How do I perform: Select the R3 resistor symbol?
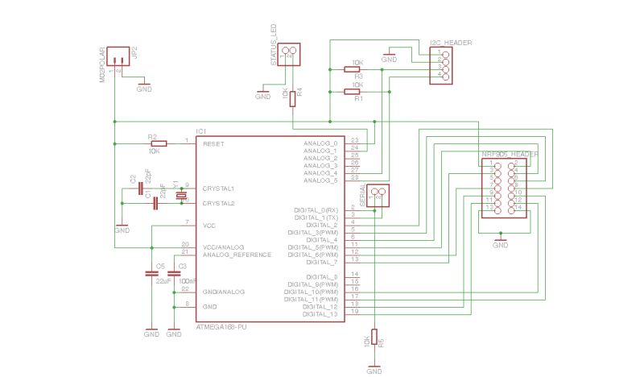(x=352, y=69)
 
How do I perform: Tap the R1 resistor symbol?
(x=352, y=92)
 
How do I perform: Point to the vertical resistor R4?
(x=292, y=98)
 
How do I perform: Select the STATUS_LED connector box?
(x=290, y=54)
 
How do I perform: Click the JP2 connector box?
(x=118, y=56)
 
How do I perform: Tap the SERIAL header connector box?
(x=379, y=196)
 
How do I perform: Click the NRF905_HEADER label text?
(x=510, y=154)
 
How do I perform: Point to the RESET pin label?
(x=213, y=143)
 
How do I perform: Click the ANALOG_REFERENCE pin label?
(x=237, y=255)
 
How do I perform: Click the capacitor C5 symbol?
(x=151, y=274)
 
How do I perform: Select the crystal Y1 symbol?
(x=182, y=196)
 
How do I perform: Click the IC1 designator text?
(x=202, y=130)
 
